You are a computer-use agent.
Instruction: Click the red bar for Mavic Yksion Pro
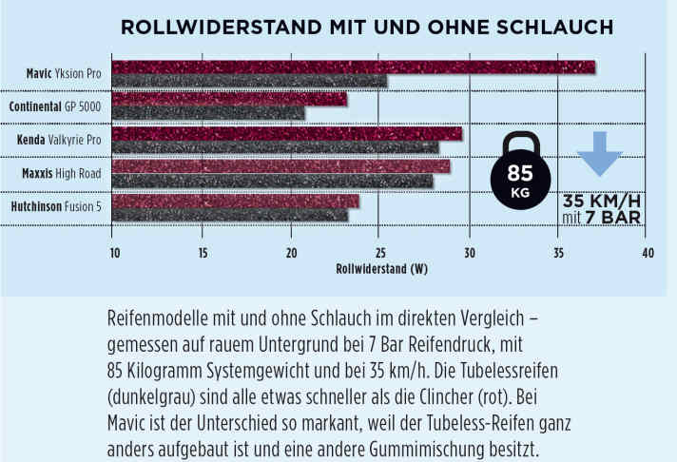[x=353, y=67]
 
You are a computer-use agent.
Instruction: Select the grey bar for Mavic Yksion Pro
[x=249, y=81]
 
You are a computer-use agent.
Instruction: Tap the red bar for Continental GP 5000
[x=229, y=99]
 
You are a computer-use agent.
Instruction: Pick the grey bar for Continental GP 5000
[x=208, y=113]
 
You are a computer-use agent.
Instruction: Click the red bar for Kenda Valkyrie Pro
[x=286, y=133]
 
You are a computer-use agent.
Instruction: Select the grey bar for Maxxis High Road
[x=272, y=181]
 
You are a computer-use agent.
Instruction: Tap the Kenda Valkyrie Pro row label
[x=59, y=141]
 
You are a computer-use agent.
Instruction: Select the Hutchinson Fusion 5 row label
[x=56, y=207]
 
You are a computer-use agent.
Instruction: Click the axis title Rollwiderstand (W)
[x=380, y=268]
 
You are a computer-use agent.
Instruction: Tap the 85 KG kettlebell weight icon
[x=519, y=172]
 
